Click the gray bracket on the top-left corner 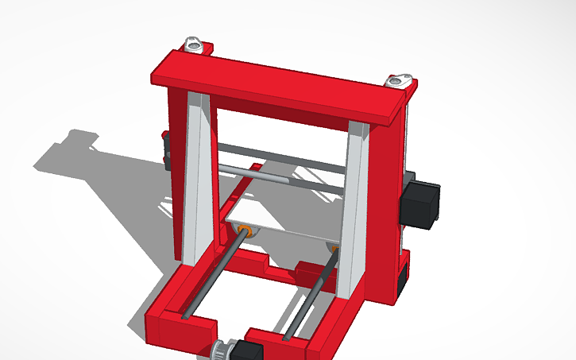tap(194, 45)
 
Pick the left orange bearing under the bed tap(246, 230)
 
